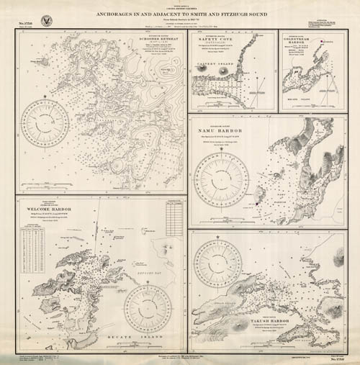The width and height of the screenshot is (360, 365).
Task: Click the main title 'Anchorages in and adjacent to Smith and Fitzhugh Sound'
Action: (x=180, y=13)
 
